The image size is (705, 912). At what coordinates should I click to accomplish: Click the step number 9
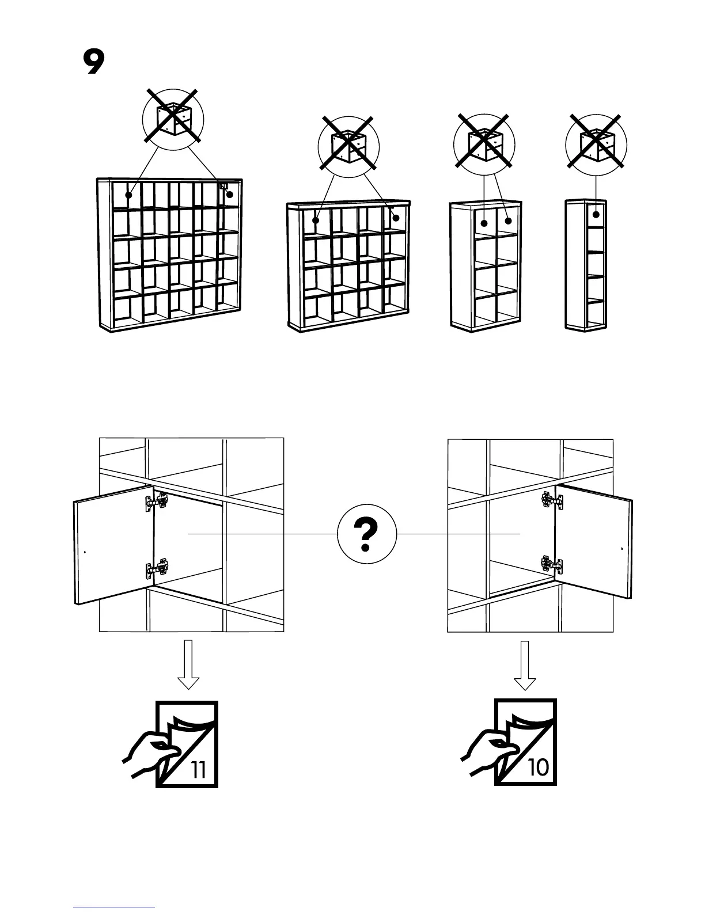click(x=93, y=63)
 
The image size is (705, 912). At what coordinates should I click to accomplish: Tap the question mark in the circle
click(x=366, y=534)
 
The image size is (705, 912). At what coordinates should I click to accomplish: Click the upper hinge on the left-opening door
click(x=156, y=502)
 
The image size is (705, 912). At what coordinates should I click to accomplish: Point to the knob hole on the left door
click(x=85, y=552)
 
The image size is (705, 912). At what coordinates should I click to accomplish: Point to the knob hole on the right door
click(x=621, y=549)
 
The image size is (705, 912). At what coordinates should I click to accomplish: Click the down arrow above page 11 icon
click(x=188, y=664)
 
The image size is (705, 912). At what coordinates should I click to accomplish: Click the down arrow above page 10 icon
click(x=525, y=664)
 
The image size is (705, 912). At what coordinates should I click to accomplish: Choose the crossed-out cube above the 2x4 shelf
click(x=484, y=144)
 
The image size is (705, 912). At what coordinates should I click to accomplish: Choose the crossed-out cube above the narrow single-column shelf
click(x=596, y=144)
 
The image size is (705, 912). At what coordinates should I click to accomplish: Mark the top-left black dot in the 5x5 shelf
click(x=130, y=195)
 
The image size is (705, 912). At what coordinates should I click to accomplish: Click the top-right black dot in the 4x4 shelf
click(x=396, y=218)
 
